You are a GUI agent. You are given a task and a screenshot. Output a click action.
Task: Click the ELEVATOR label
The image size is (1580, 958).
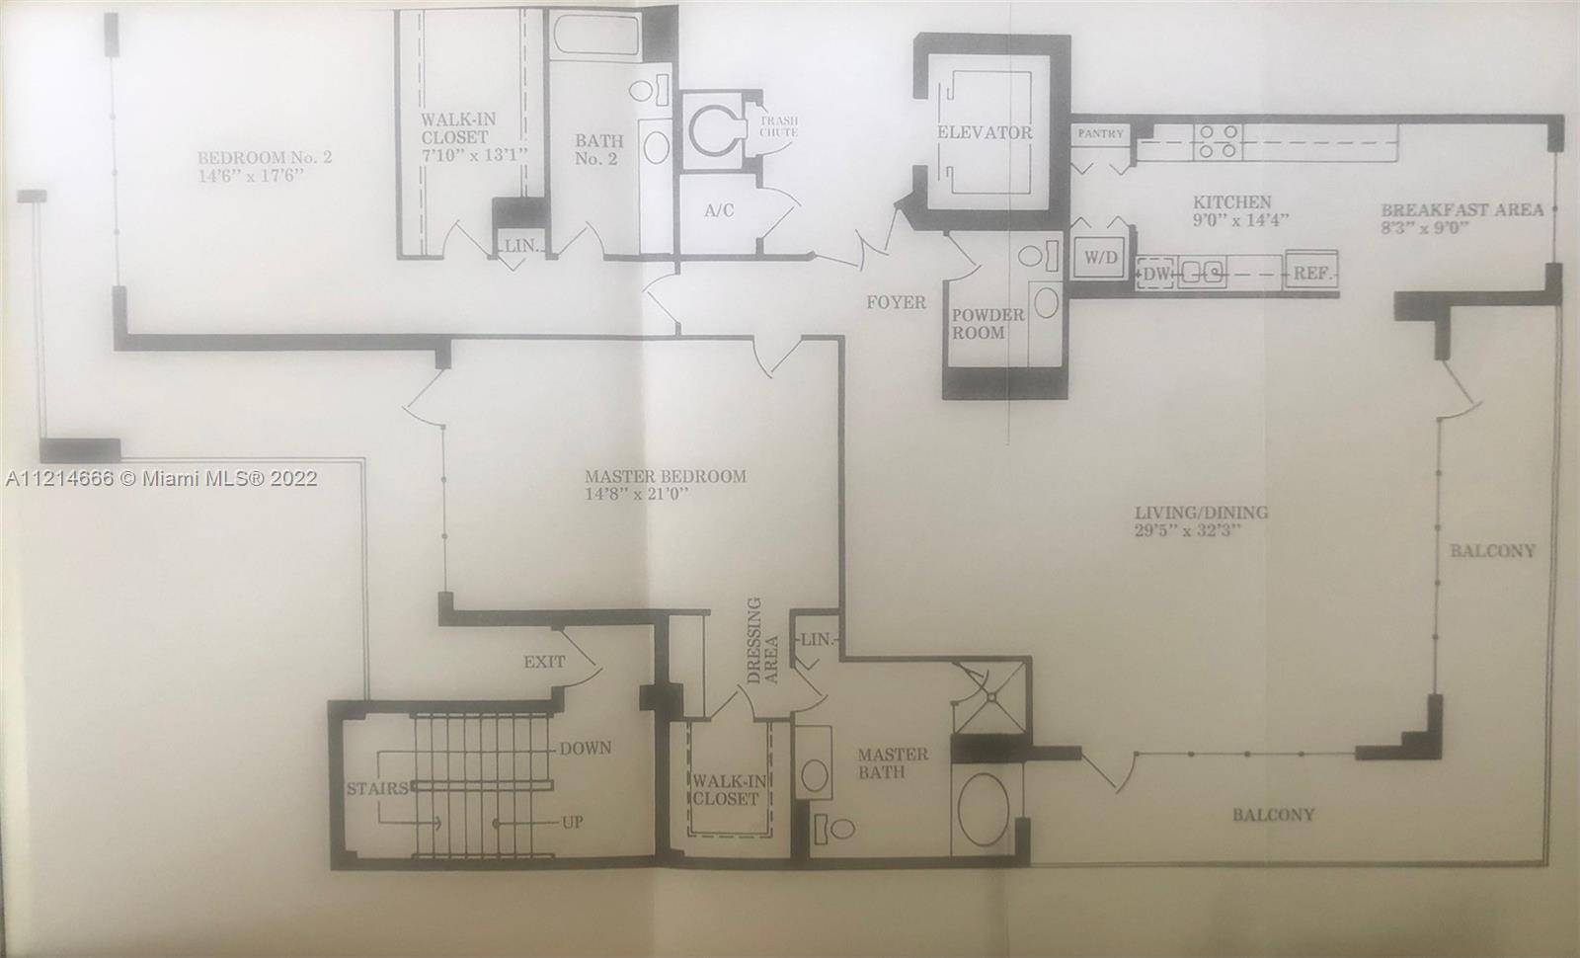coord(985,132)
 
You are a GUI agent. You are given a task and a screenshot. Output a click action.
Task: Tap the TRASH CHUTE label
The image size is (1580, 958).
coord(779,126)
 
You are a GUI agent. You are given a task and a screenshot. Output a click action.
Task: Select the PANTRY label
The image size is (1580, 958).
coord(1100,133)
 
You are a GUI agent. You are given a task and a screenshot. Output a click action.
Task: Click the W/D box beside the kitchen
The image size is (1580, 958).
coord(1101,258)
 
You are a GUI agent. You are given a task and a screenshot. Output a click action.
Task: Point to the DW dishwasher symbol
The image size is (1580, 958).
coord(1155,274)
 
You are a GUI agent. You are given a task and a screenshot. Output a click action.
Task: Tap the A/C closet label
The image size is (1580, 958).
coord(719,210)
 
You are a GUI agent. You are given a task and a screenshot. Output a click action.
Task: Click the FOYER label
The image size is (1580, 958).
coord(896,302)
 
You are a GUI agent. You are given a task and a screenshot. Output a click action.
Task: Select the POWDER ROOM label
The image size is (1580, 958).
coord(987,324)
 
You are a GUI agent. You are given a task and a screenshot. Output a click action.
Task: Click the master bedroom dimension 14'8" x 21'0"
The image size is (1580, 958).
coord(636,494)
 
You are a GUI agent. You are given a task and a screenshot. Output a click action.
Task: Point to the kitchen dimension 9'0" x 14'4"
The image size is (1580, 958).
coord(1240,219)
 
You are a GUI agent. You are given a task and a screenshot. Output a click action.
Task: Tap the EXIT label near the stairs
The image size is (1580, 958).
coord(544,662)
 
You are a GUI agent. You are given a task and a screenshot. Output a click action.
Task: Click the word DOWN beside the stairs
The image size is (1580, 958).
coord(586,748)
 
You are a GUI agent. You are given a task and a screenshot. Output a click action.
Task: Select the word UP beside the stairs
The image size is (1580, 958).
coord(572,822)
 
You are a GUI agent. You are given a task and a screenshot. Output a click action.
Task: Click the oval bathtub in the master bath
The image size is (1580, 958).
coord(984,810)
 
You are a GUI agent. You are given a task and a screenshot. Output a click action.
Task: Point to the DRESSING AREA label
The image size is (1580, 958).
coord(762,641)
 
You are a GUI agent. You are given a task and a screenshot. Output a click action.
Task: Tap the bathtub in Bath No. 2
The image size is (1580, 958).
coord(596,35)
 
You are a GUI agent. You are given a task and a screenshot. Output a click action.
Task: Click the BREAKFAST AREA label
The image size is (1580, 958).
coord(1461,210)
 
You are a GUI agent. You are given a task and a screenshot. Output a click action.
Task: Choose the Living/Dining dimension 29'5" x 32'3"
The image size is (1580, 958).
coord(1187,529)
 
